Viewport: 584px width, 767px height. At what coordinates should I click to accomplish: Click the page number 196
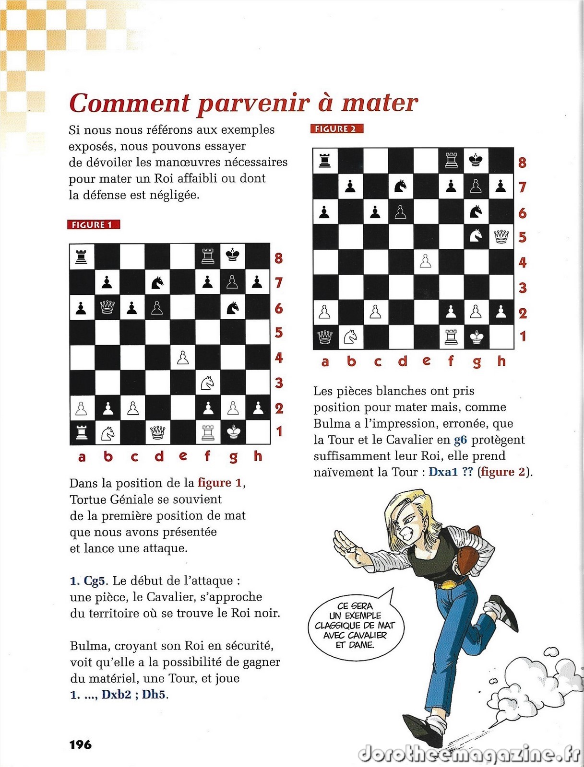coord(80,744)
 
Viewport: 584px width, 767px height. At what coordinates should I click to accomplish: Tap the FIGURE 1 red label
coord(93,225)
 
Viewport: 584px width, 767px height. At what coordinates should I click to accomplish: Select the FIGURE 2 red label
coord(336,128)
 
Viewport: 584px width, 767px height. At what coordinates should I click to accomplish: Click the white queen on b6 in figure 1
coord(107,307)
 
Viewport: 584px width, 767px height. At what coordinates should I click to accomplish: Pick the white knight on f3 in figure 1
coord(208,382)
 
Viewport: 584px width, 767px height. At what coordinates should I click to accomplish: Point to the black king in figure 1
coord(233,255)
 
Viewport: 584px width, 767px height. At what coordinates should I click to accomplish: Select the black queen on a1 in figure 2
coord(325,337)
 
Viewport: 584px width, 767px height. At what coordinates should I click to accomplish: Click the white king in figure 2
coord(476,337)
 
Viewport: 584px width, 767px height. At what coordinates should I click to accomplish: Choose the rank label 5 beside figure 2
coord(523,237)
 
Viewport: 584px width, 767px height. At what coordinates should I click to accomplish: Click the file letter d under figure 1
coord(159,456)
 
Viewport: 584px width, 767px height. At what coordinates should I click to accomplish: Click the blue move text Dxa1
coord(443,472)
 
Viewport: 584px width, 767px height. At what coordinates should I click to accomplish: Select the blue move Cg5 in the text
coord(94,581)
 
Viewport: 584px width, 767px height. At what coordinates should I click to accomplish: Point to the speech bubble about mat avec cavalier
coord(355,625)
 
